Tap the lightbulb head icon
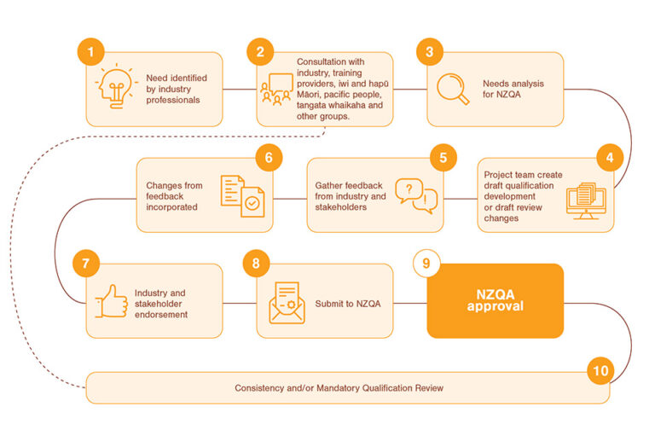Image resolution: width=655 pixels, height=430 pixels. pyautogui.click(x=114, y=89)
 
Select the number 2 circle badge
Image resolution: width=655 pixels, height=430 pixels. pyautogui.click(x=259, y=53)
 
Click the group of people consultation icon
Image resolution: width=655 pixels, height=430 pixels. pyautogui.click(x=275, y=90)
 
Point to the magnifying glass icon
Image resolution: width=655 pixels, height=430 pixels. pyautogui.click(x=453, y=89)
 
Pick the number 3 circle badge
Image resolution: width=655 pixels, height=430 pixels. pyautogui.click(x=430, y=53)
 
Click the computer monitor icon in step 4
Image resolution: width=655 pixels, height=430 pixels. pyautogui.click(x=588, y=197)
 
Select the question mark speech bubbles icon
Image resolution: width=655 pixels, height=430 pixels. pyautogui.click(x=416, y=195)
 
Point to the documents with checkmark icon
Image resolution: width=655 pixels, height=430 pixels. pyautogui.click(x=241, y=195)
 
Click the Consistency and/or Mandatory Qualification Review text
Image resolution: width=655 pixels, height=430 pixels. pyautogui.click(x=339, y=388)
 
